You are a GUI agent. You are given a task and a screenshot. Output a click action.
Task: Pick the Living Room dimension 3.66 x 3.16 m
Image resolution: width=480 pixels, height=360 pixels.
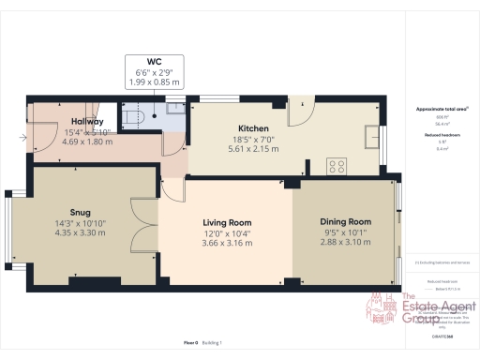225,244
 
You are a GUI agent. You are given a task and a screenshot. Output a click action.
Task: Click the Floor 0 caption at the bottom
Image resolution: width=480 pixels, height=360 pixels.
191,343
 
